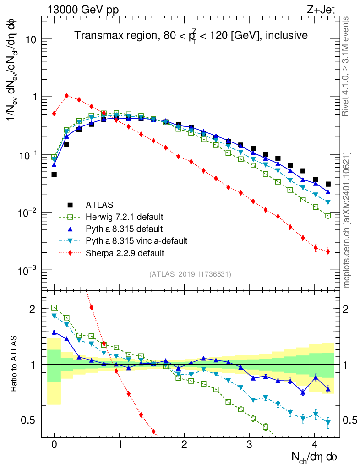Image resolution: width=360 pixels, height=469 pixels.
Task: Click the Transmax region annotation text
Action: pyautogui.click(x=191, y=35)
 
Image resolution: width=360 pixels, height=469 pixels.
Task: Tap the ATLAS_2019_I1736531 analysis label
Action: pyautogui.click(x=190, y=274)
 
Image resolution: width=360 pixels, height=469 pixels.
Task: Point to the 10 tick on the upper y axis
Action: pyautogui.click(x=31, y=39)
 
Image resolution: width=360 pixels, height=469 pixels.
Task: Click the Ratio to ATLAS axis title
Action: pyautogui.click(x=14, y=364)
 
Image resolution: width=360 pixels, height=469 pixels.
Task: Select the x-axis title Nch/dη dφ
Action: pyautogui.click(x=315, y=457)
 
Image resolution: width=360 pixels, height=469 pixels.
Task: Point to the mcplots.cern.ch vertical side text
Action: pyautogui.click(x=347, y=220)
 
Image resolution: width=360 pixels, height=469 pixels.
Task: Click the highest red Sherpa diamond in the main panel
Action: pyautogui.click(x=67, y=96)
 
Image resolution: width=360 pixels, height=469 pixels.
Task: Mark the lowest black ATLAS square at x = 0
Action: pyautogui.click(x=54, y=175)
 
